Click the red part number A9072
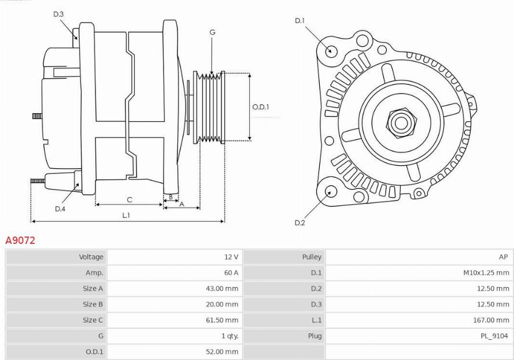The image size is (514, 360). coord(20,240)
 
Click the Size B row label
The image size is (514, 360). coord(93,304)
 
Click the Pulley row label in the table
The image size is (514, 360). coord(312,257)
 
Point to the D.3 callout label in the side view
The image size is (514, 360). coord(58,14)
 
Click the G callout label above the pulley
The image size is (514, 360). coord(212,32)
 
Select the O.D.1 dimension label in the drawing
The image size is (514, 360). coord(261,107)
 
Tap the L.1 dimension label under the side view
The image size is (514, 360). coord(126,215)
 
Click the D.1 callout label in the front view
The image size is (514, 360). coord(299,21)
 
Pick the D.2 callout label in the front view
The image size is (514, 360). coord(299,222)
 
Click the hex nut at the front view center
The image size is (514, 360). coord(399,123)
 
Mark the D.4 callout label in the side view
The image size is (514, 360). coord(60,209)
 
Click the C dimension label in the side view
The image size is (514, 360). coord(130,200)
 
